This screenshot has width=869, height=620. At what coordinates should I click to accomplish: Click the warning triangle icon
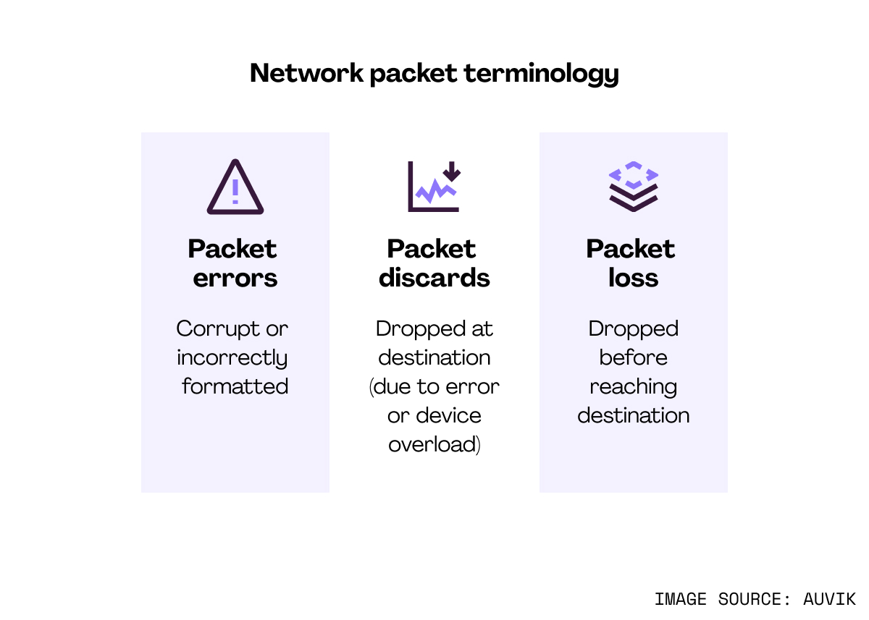pos(235,187)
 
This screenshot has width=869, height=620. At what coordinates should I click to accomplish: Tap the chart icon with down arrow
pos(434,187)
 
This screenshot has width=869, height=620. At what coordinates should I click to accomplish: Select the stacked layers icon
pos(634,187)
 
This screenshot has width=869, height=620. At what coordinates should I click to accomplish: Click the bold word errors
pos(235,279)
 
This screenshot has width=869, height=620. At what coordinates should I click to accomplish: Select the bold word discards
pos(434,279)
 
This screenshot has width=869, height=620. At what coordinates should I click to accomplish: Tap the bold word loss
pos(634,279)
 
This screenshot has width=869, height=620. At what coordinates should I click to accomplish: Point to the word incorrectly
pos(232,358)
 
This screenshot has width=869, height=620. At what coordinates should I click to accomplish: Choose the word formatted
pos(235,386)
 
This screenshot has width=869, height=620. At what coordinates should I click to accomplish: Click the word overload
pos(433,444)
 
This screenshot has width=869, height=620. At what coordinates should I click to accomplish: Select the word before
pos(634,357)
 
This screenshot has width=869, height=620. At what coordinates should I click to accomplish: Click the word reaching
pos(634,387)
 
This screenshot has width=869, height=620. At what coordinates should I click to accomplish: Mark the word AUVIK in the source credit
pos(829,599)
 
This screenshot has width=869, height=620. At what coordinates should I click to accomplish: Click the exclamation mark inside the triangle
pos(235,191)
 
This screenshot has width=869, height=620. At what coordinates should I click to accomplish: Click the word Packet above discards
pos(432,249)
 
